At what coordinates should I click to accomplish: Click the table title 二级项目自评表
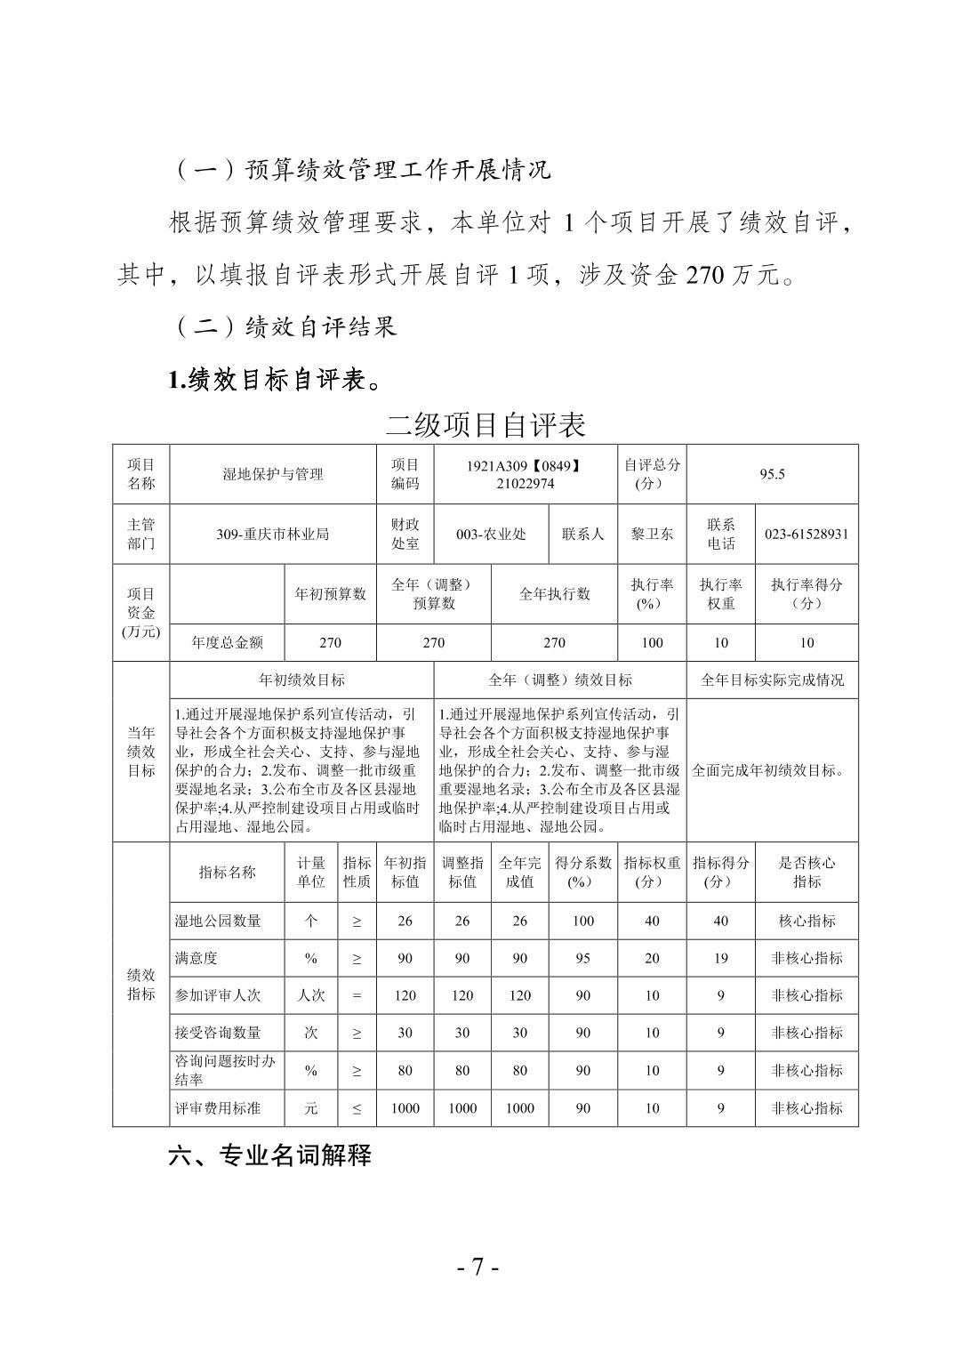[x=486, y=425]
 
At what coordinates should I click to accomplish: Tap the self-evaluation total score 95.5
[x=772, y=474]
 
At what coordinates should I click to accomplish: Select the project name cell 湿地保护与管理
[x=273, y=474]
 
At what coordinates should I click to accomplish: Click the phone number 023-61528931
[x=807, y=534]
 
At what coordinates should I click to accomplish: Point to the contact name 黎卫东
[x=652, y=534]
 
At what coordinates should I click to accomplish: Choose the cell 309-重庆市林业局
[x=273, y=534]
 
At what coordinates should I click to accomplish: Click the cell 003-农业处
[x=491, y=534]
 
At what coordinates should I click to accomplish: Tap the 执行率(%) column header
[x=652, y=593]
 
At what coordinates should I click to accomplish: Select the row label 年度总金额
[x=228, y=642]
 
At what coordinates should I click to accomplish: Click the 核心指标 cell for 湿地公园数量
[x=807, y=921]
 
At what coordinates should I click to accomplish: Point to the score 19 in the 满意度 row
[x=720, y=958]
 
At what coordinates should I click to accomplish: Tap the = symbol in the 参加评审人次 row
[x=357, y=995]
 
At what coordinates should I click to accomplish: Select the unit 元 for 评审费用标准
[x=310, y=1108]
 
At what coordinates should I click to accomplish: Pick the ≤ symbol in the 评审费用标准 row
[x=357, y=1108]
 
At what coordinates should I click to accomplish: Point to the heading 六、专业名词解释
[x=269, y=1155]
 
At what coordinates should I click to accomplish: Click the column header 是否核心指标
[x=807, y=872]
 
